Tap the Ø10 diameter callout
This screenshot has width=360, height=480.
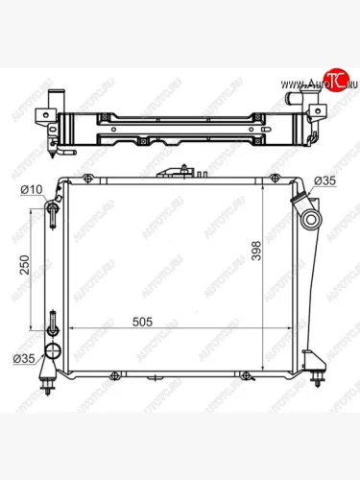pyautogui.click(x=33, y=189)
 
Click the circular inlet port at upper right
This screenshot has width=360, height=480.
pyautogui.click(x=312, y=221)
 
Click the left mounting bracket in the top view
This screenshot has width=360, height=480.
pyautogui.click(x=43, y=119)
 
